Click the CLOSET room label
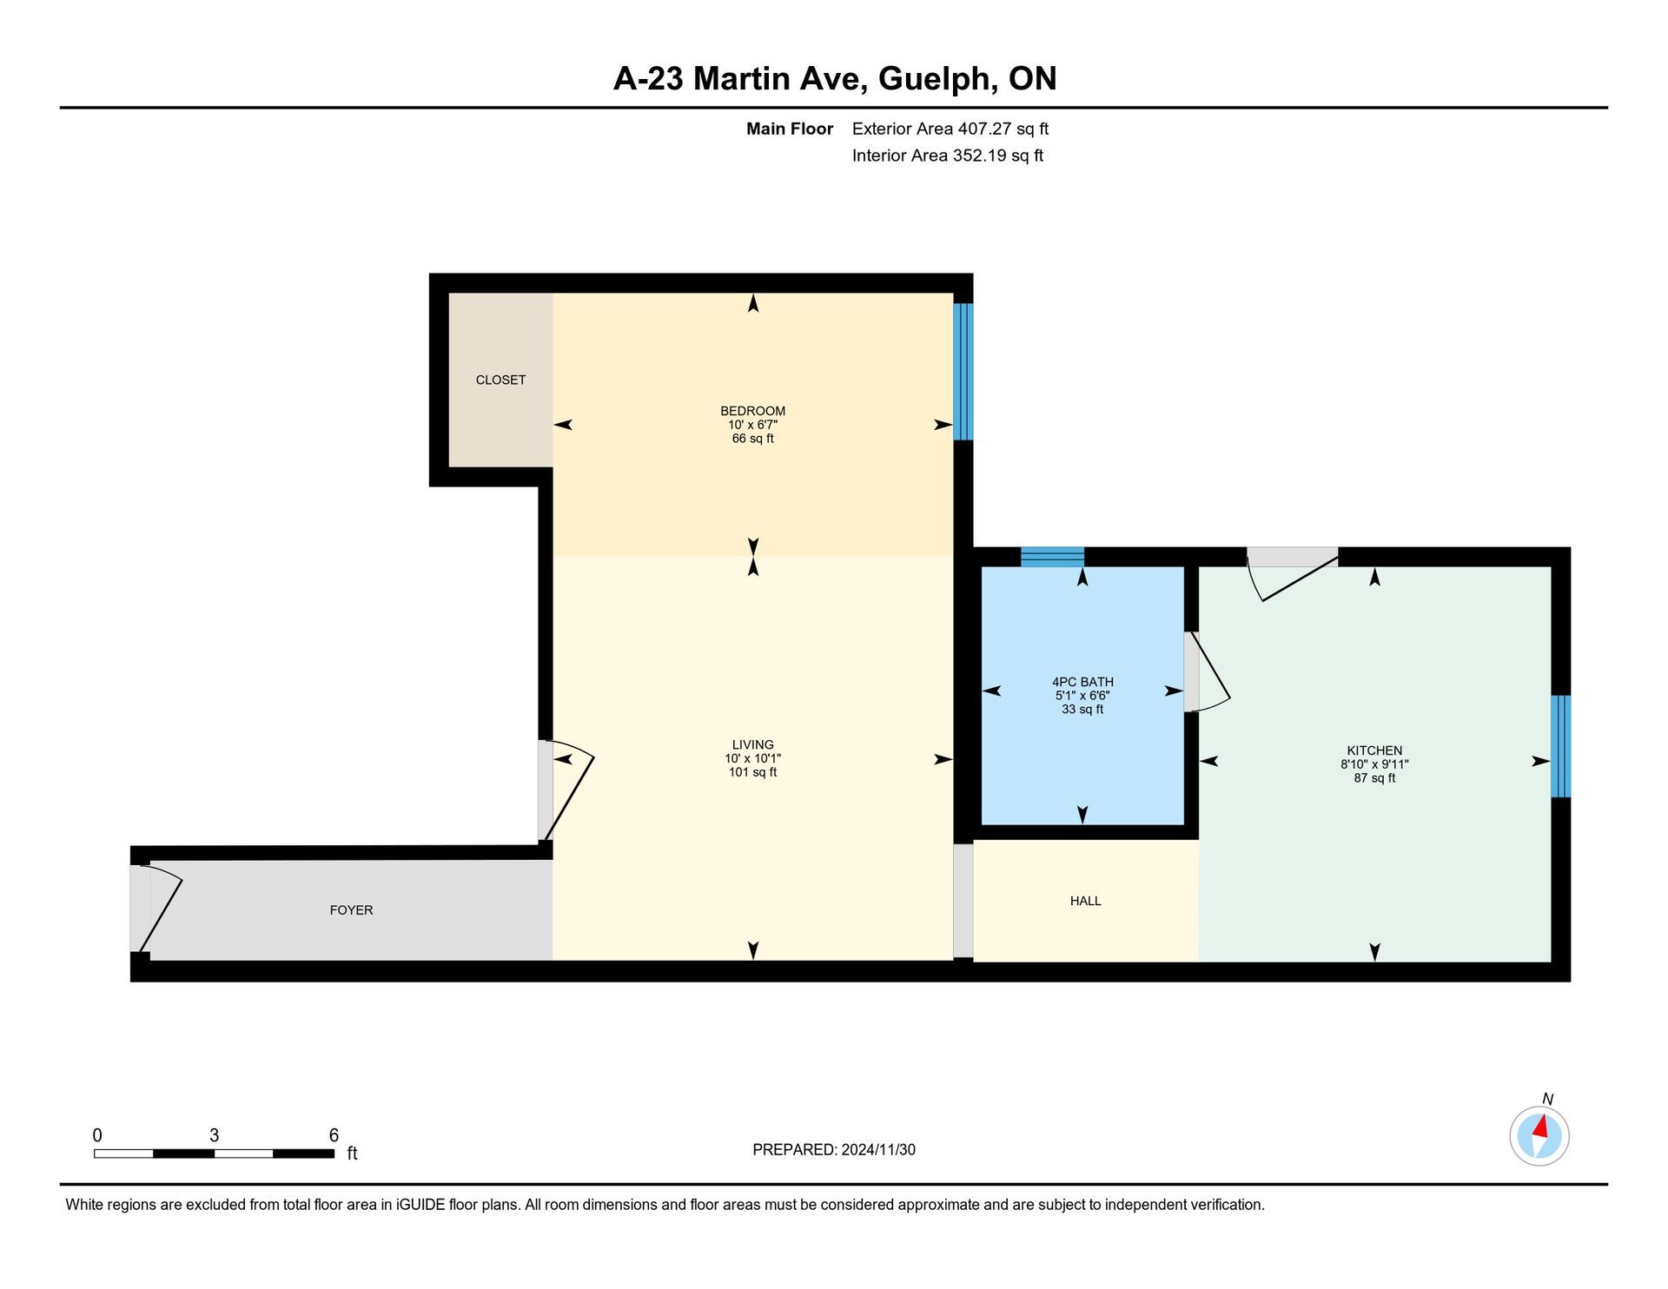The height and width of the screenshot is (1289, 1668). [500, 380]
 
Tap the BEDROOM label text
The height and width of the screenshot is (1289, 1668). [752, 411]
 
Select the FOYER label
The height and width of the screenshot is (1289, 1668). [351, 910]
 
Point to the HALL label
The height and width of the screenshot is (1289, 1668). [1085, 901]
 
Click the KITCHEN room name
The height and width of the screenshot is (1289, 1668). [1374, 750]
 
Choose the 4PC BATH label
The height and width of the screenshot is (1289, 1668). [1082, 682]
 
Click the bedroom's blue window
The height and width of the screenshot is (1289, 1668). [963, 372]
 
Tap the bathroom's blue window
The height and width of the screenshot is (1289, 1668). [1052, 557]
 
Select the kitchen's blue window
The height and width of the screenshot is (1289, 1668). [1561, 746]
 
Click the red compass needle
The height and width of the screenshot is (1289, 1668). [1540, 1127]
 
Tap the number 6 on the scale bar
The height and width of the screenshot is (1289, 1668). [334, 1135]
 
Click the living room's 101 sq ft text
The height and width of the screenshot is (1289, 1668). [752, 772]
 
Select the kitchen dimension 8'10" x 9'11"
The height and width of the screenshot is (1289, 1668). [1374, 764]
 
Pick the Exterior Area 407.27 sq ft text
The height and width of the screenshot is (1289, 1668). [950, 129]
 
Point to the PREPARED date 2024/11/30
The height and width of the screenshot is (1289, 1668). [878, 1150]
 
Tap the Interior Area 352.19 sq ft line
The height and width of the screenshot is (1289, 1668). [948, 155]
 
